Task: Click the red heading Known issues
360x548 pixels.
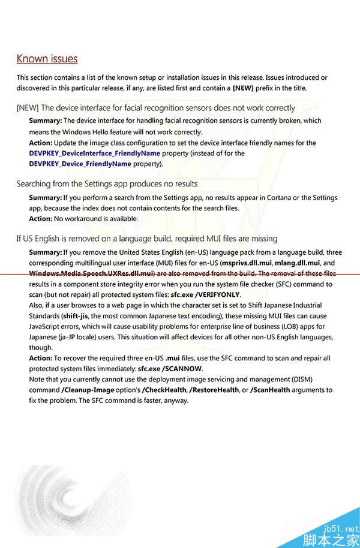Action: pyautogui.click(x=47, y=59)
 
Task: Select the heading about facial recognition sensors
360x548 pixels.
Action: pyautogui.click(x=155, y=108)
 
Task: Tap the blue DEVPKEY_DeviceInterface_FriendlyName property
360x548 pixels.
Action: pyautogui.click(x=94, y=153)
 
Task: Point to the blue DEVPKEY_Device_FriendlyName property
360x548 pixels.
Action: pyautogui.click(x=80, y=164)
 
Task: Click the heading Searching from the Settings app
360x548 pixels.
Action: pyautogui.click(x=107, y=184)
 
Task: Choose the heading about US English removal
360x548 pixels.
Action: pyautogui.click(x=146, y=239)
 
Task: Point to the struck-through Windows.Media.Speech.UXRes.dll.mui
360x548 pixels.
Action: pyautogui.click(x=90, y=273)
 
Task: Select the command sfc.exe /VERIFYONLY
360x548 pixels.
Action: pyautogui.click(x=205, y=295)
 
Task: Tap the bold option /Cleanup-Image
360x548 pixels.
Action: pyautogui.click(x=84, y=390)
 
